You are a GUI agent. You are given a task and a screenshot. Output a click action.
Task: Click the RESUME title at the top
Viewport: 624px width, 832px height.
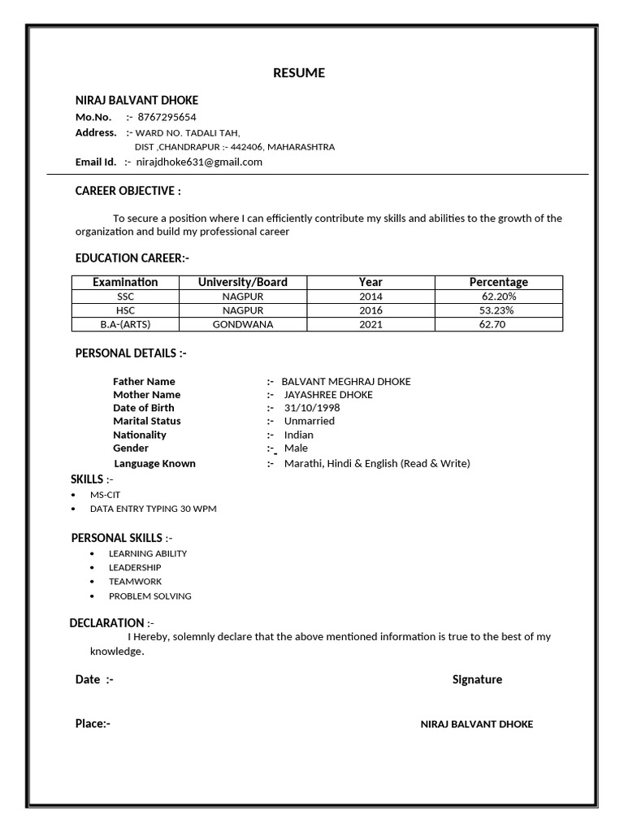tap(299, 73)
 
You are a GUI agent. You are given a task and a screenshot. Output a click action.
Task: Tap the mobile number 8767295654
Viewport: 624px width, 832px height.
tap(167, 117)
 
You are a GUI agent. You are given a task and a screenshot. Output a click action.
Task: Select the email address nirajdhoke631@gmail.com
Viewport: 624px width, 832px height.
tap(199, 162)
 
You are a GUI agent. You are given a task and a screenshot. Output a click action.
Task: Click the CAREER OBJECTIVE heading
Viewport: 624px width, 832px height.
tap(128, 191)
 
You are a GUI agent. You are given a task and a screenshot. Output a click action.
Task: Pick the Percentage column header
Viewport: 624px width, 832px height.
tap(498, 282)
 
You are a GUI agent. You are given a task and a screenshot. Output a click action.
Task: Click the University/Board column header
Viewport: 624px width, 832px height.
tap(242, 282)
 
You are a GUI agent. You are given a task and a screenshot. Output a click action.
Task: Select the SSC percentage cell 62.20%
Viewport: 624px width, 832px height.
tap(498, 297)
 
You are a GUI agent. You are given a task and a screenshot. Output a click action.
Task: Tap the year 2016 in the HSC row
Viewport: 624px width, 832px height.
tap(370, 310)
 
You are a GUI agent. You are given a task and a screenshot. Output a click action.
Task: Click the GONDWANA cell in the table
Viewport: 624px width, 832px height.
tap(242, 324)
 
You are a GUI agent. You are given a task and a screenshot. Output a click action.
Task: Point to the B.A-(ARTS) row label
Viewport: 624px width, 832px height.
tap(125, 324)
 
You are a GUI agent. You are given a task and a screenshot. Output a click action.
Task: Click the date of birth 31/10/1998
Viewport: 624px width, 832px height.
tap(312, 408)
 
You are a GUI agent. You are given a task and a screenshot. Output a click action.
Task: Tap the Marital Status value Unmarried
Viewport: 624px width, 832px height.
tap(309, 421)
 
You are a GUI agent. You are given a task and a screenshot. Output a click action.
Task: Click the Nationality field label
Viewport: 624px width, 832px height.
tap(140, 435)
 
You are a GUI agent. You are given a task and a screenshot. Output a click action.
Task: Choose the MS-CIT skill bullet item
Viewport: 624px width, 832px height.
tap(105, 494)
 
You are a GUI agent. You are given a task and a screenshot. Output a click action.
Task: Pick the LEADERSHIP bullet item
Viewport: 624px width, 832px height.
tap(135, 567)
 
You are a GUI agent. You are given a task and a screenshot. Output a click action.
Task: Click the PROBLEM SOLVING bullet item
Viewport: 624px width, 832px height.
tap(150, 596)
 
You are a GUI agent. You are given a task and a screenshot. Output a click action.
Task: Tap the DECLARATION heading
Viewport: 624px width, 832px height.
tap(107, 623)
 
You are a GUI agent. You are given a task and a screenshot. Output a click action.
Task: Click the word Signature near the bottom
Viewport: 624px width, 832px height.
tap(477, 679)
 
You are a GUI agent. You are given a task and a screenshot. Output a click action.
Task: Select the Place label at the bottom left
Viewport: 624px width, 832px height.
tap(93, 724)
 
